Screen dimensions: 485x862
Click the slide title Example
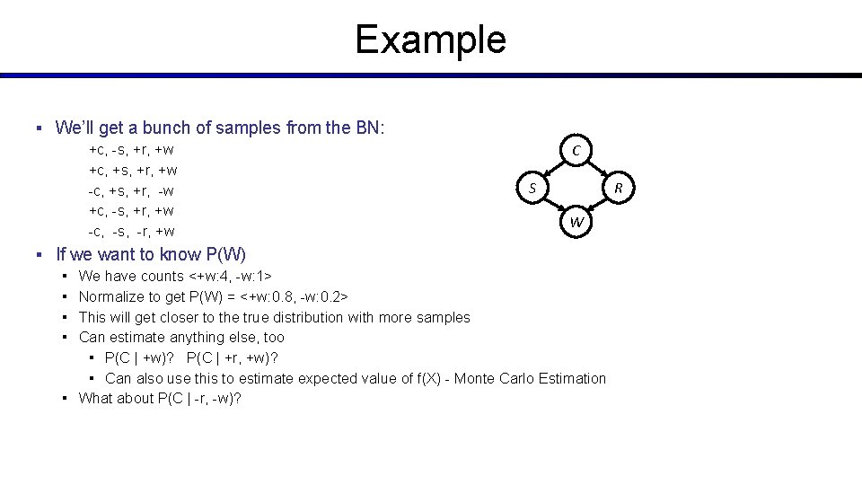coord(430,40)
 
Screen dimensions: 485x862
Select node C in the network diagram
coord(576,150)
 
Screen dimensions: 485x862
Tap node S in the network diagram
coord(532,188)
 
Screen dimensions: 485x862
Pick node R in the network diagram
coord(618,188)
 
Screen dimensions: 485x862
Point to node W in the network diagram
coord(576,222)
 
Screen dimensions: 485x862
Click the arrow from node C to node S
coord(553,169)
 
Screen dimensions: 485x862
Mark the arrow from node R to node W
coord(598,206)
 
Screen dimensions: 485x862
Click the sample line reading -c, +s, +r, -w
coord(131,190)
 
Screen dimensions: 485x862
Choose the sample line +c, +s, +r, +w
coord(132,170)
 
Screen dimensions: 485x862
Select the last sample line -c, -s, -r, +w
coord(131,232)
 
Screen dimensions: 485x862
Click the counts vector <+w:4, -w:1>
coord(231,277)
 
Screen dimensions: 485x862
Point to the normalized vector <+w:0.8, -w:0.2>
coord(295,296)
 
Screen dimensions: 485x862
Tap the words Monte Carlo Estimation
coord(530,378)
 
